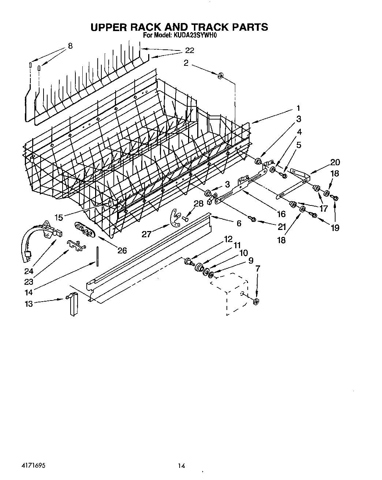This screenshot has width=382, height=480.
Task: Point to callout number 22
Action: pos(189,51)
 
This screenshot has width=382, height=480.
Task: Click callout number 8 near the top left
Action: pos(70,46)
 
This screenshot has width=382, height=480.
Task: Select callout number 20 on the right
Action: pos(334,162)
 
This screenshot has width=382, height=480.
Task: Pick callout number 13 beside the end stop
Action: pos(29,303)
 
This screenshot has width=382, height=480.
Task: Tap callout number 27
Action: pos(146,234)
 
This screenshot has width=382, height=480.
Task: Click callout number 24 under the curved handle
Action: pos(29,271)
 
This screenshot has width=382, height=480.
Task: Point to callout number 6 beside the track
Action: pos(239,223)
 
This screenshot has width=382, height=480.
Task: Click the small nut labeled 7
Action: pos(256,302)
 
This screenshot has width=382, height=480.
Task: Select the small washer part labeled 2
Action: pos(221,76)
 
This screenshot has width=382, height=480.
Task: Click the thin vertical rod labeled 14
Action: pos(98,255)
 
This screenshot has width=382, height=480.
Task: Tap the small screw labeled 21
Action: pos(252,219)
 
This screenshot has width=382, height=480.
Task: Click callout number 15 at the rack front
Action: pos(59,218)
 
